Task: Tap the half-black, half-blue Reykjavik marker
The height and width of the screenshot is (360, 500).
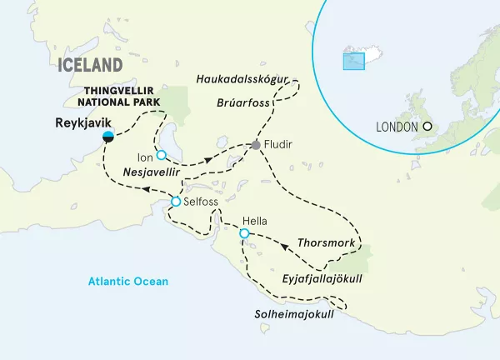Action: [x=107, y=137]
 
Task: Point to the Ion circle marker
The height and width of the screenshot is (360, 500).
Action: [x=161, y=154]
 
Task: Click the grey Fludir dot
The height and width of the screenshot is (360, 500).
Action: [x=256, y=146]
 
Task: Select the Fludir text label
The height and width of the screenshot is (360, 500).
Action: [x=280, y=146]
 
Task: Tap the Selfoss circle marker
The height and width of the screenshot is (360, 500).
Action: [x=176, y=202]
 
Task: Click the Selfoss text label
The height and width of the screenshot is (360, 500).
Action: [x=201, y=202]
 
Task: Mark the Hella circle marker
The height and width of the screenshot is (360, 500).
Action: [x=244, y=234]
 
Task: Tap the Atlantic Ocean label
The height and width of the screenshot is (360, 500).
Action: [x=128, y=282]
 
